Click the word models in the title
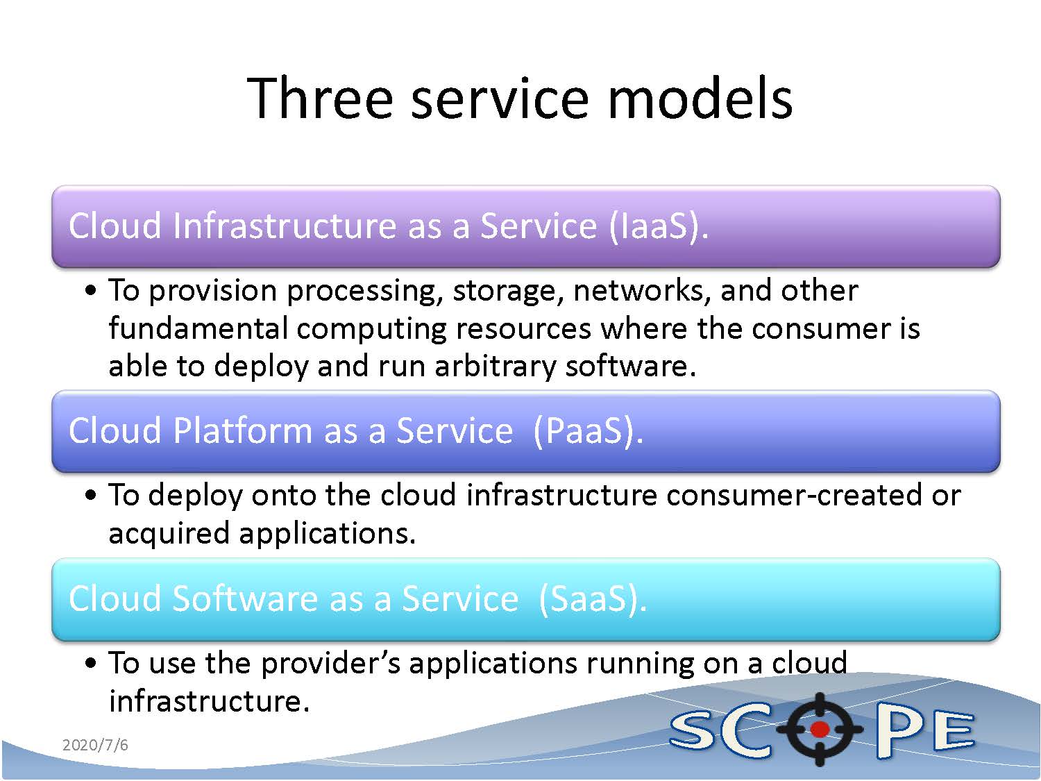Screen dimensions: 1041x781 pos(700,98)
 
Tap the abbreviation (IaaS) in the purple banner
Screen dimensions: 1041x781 pos(659,227)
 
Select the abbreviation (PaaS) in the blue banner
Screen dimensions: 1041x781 pos(588,432)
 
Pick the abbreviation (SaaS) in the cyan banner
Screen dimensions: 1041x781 pos(593,599)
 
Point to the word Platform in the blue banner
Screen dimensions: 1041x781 pos(242,430)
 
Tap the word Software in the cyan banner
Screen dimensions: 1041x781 pos(245,598)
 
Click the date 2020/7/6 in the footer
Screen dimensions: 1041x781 pos(95,745)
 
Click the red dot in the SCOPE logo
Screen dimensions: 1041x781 pos(820,728)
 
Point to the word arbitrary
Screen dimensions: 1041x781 pos(495,367)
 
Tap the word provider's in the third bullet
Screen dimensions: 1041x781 pos(330,664)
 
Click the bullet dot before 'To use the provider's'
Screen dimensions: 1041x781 pos(91,664)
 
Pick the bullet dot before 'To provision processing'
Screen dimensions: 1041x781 pos(91,291)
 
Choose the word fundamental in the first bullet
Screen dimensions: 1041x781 pos(198,328)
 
